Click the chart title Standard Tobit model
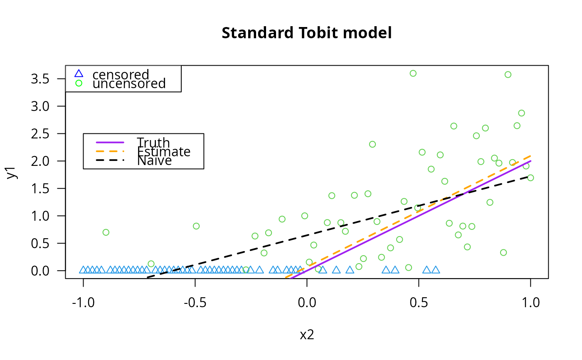point(306,33)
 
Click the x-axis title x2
point(307,335)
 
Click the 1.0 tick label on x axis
point(530,302)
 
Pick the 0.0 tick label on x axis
point(307,302)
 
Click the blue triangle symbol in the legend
point(79,74)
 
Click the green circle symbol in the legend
point(79,83)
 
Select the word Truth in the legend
point(153,143)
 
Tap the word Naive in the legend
point(154,161)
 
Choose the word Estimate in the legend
point(163,152)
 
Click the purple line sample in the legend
point(110,142)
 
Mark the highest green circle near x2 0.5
point(413,73)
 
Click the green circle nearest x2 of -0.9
point(106,232)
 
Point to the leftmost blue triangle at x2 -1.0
point(83,270)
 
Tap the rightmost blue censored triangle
point(435,270)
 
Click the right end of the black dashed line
point(530,177)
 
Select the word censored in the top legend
point(121,74)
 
